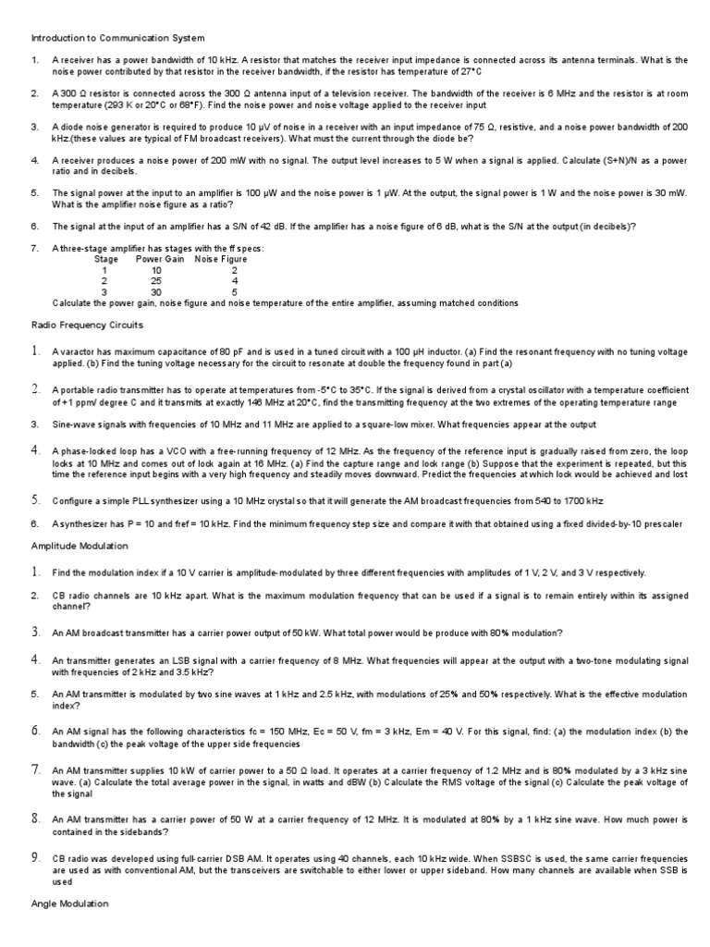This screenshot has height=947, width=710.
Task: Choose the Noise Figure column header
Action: coord(221,260)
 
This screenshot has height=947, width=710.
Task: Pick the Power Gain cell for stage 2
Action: coord(155,281)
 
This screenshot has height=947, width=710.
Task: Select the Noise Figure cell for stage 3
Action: coord(235,292)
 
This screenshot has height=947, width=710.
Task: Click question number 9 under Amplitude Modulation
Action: coord(35,858)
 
